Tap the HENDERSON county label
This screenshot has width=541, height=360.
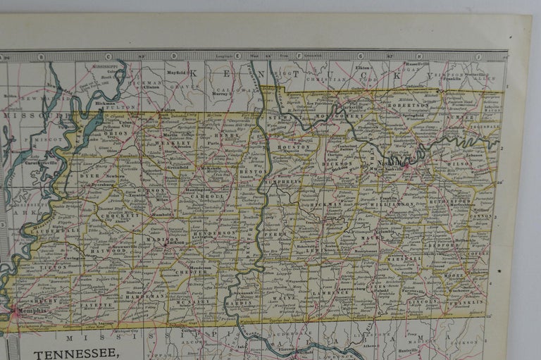tap(213, 233)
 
